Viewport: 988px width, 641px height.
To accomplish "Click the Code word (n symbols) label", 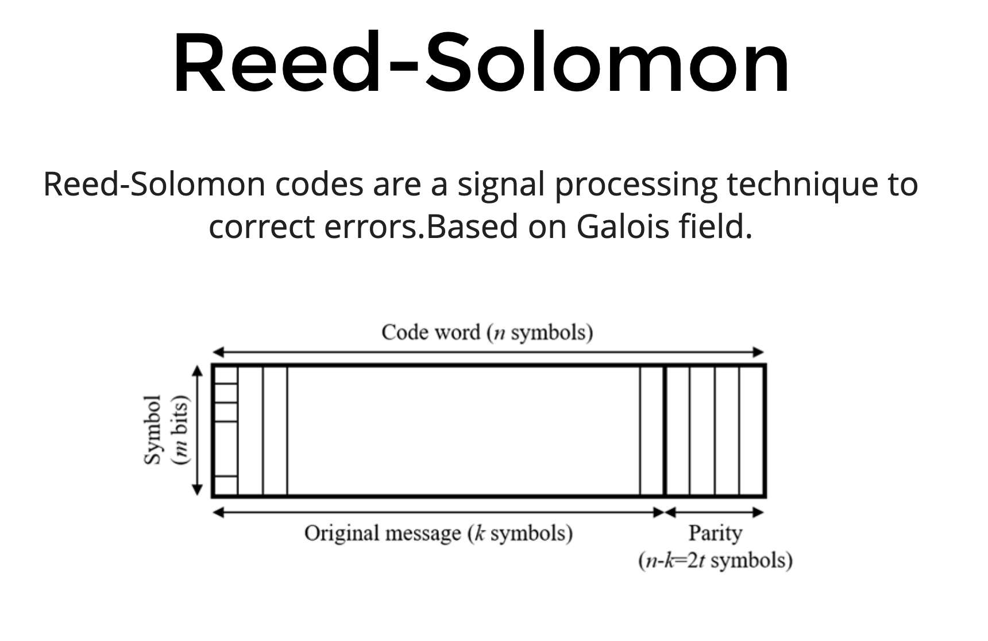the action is [x=487, y=332].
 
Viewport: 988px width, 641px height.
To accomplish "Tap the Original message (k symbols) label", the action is [x=438, y=533].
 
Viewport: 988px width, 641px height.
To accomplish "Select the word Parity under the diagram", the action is [x=715, y=533].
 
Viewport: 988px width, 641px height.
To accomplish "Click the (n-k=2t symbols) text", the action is [x=715, y=561].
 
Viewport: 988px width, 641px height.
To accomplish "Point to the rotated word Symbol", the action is [x=152, y=429].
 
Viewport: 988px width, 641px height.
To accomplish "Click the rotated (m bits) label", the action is [x=181, y=430].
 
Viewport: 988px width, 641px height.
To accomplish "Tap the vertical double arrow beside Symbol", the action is [x=198, y=430].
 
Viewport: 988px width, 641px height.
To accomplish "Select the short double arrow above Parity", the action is [x=715, y=512].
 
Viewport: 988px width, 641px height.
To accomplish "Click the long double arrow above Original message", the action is [x=438, y=512].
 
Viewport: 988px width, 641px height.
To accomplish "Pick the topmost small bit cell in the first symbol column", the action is [x=225, y=374].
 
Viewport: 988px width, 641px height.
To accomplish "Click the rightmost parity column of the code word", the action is [x=752, y=430].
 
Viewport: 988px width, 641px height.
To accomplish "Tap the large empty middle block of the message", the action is [x=463, y=430].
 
